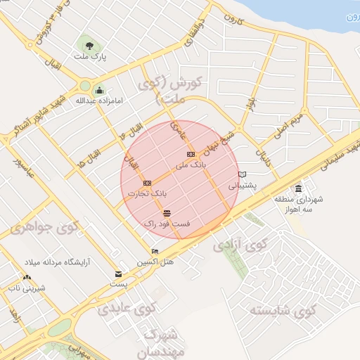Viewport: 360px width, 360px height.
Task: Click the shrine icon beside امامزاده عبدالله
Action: coord(99,90)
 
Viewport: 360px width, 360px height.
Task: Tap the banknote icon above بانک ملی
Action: coord(190,153)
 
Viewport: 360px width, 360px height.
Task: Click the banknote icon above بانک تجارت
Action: coord(147,183)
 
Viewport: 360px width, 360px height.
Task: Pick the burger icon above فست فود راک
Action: coord(167,213)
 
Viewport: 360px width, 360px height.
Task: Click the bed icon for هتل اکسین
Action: coord(155,251)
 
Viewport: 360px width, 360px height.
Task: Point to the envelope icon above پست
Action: coord(117,274)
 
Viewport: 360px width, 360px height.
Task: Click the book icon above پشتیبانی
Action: coord(243,174)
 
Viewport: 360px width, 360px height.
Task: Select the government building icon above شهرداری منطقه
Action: coord(299,189)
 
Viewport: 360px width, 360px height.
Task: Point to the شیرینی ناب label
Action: coord(25,288)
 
